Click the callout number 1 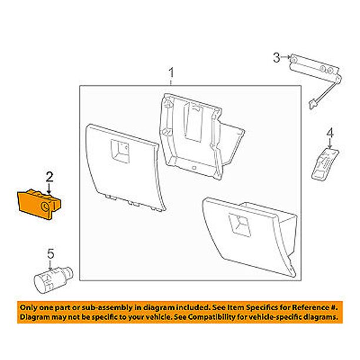coord(171,72)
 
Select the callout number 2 coord(49,177)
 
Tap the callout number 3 coord(276,58)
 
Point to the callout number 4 coord(330,133)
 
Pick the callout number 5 coord(51,254)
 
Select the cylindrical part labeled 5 coord(54,280)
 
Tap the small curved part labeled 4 coord(325,164)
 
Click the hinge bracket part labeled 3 coord(315,69)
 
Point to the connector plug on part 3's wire coord(312,105)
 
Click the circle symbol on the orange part coord(45,207)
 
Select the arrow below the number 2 coord(49,188)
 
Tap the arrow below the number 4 coord(330,144)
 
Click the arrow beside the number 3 coord(285,56)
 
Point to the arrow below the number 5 coord(50,265)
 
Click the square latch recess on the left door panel coord(120,152)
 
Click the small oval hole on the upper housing coord(194,168)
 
